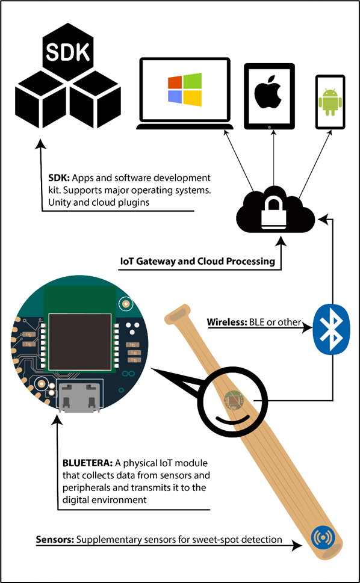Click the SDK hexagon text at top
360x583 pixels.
[67, 52]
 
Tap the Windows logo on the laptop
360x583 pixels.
[185, 90]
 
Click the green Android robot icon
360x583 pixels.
[330, 101]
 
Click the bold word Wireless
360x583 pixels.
[225, 322]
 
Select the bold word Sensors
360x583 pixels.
[55, 539]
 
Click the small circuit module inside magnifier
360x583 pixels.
[232, 401]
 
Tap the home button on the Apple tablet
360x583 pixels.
[269, 126]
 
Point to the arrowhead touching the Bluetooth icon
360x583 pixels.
[307, 328]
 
